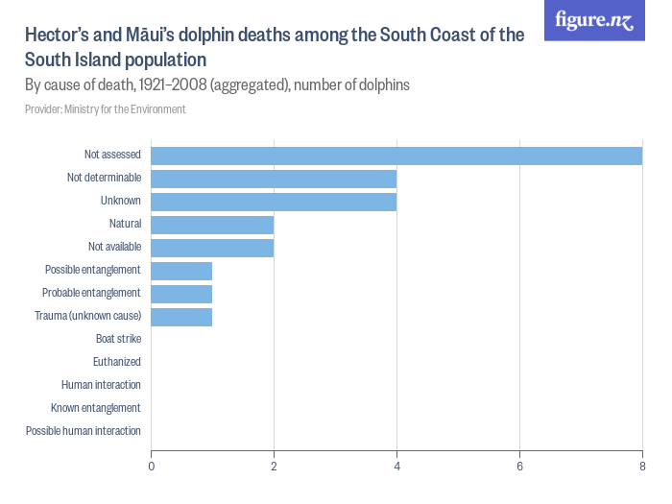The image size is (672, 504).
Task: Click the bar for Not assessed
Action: coord(396,156)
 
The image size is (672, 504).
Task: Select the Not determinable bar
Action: coord(274,179)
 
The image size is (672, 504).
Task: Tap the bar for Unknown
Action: coord(274,201)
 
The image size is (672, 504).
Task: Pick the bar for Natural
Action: coord(212,224)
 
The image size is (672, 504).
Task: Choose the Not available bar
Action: coord(212,247)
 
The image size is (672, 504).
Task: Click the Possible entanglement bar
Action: coord(181,270)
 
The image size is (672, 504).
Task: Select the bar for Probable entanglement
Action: coord(181,293)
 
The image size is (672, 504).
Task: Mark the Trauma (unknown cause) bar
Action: coord(181,316)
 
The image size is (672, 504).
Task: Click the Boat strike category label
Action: coord(118,339)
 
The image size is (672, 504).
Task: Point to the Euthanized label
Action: coord(117,362)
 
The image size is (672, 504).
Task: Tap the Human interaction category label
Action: coord(101,385)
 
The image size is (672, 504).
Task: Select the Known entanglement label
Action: coord(96,408)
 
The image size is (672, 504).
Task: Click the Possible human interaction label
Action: coord(84,431)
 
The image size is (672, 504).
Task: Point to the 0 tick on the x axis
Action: coord(151,467)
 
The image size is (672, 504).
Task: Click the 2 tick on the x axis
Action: coord(274,467)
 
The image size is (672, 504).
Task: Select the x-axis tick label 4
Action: coord(396,467)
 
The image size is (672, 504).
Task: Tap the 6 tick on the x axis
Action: coord(519,467)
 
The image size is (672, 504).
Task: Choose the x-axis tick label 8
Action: coord(642,467)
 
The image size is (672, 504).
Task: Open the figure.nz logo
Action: coord(594,20)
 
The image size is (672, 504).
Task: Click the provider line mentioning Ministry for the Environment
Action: coord(106,109)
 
